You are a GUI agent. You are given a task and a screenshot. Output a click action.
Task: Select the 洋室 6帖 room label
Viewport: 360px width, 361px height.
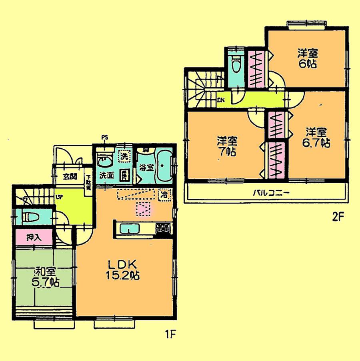(x=307, y=58)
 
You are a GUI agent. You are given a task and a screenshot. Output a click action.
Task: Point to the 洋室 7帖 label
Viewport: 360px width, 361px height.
(x=227, y=146)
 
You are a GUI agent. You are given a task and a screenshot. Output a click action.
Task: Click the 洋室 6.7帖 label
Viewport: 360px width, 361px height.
(x=317, y=137)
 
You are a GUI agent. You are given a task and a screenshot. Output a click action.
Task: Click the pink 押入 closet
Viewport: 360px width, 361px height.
(x=34, y=237)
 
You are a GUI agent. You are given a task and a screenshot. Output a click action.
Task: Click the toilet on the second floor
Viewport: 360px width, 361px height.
(x=236, y=66)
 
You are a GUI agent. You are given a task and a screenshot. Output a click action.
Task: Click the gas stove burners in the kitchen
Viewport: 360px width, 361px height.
(x=163, y=229)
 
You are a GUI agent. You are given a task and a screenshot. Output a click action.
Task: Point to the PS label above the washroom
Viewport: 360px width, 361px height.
(x=105, y=138)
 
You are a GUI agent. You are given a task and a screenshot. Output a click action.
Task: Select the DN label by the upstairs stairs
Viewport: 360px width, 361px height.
(x=221, y=100)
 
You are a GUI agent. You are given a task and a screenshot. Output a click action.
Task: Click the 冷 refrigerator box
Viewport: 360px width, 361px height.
(x=165, y=195)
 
